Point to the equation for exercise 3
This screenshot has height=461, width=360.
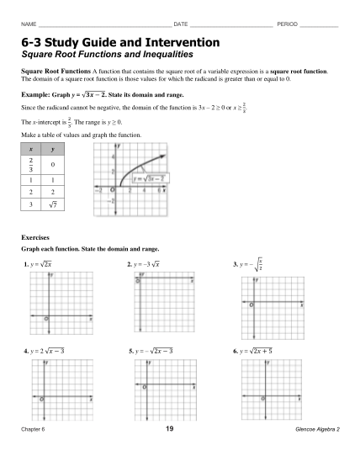click(x=250, y=265)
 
